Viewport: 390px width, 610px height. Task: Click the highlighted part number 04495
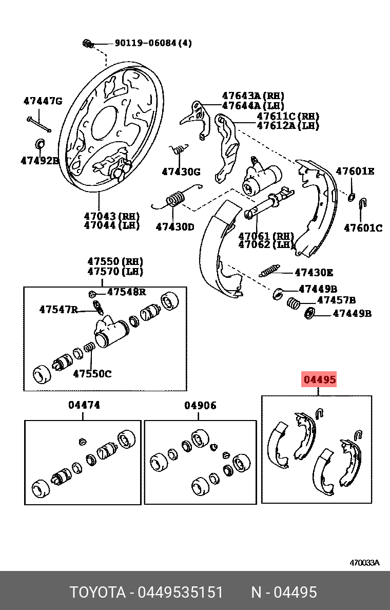(x=319, y=380)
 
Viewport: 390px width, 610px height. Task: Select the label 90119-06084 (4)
(x=153, y=43)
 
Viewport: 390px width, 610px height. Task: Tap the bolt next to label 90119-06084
(x=87, y=44)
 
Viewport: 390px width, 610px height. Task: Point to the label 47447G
(x=43, y=101)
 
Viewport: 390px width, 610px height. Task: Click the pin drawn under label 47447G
(x=38, y=124)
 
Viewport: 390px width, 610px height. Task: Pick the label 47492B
(x=40, y=161)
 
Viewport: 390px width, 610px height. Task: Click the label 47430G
(x=181, y=172)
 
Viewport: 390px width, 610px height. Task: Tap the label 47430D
(x=175, y=226)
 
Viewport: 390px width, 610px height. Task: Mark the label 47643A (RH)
(x=252, y=96)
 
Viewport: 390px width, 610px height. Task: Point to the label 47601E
(x=355, y=171)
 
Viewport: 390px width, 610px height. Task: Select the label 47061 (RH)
(x=266, y=236)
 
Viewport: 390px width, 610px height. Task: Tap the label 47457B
(x=336, y=300)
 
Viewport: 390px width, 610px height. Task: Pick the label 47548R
(x=126, y=292)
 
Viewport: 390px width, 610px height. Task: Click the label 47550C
(x=92, y=373)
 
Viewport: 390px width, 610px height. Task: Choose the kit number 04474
(x=84, y=405)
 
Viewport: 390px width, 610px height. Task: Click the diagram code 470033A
(x=364, y=562)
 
